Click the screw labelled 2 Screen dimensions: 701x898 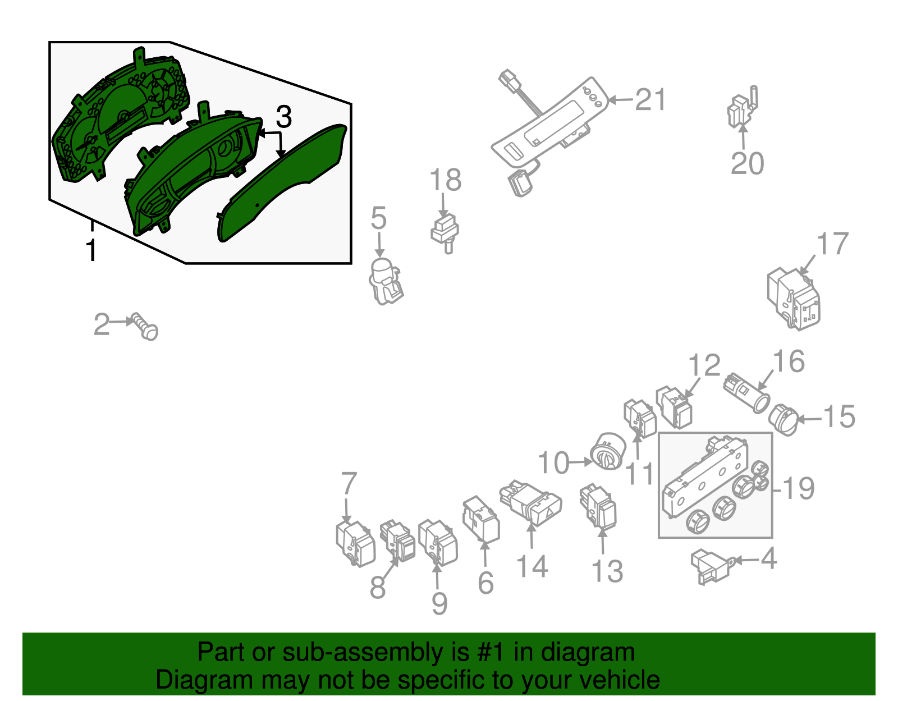pyautogui.click(x=146, y=327)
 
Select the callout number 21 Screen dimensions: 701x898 pyautogui.click(x=650, y=100)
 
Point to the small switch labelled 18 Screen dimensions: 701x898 pyautogui.click(x=445, y=232)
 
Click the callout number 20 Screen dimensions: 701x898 pyautogui.click(x=747, y=163)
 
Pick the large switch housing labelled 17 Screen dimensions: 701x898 pyautogui.click(x=794, y=298)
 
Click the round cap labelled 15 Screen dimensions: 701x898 pyautogui.click(x=784, y=420)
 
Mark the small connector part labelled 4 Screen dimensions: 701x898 pyautogui.click(x=710, y=566)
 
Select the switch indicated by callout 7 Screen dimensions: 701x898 pyautogui.click(x=355, y=543)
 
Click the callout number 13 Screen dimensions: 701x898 pyautogui.click(x=607, y=571)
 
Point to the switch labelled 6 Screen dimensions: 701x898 pyautogui.click(x=481, y=519)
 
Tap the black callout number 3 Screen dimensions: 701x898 pyautogui.click(x=283, y=117)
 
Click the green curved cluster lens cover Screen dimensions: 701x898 pyautogui.click(x=281, y=185)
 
